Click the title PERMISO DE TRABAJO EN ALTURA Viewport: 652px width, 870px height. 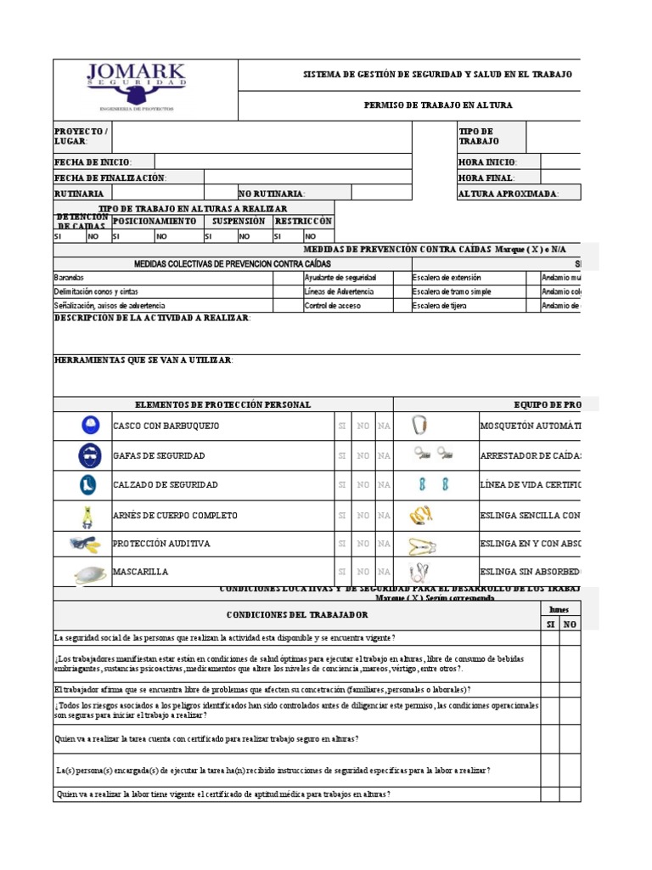pyautogui.click(x=437, y=105)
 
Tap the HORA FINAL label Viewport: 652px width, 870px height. pyautogui.click(x=486, y=178)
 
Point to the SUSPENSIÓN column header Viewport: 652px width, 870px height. pyautogui.click(x=238, y=221)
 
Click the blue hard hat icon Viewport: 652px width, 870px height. pyautogui.click(x=89, y=425)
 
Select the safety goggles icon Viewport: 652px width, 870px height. pyautogui.click(x=87, y=456)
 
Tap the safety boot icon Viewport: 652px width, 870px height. pyautogui.click(x=87, y=485)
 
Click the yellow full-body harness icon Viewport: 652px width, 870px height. pyautogui.click(x=87, y=516)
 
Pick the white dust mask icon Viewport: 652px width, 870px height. pyautogui.click(x=87, y=574)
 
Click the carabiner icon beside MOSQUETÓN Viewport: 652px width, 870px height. pyautogui.click(x=419, y=425)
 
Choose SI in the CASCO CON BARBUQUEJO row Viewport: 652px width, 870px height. pyautogui.click(x=342, y=426)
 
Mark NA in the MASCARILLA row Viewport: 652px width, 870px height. pyautogui.click(x=384, y=573)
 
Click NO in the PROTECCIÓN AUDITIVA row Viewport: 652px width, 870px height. pyautogui.click(x=363, y=544)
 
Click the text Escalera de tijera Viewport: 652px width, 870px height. pyautogui.click(x=441, y=305)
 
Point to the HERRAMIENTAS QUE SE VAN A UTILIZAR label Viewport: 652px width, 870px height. pyautogui.click(x=143, y=361)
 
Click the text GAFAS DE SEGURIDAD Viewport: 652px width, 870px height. pyautogui.click(x=159, y=456)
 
